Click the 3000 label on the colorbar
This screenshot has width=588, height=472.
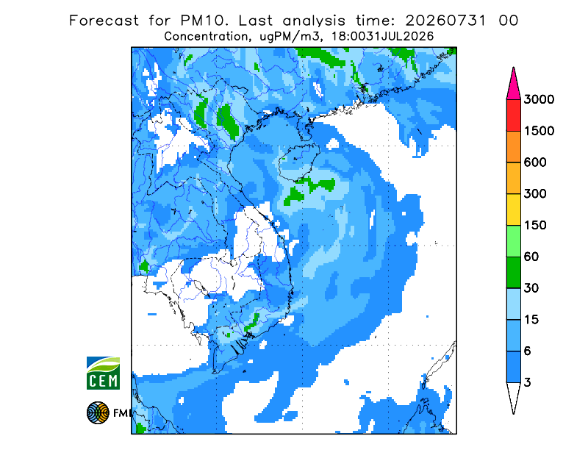pyautogui.click(x=539, y=99)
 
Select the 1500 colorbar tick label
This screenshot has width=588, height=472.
pyautogui.click(x=539, y=131)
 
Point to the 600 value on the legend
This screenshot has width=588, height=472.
pyautogui.click(x=535, y=162)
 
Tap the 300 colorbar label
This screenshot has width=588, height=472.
pyautogui.click(x=535, y=194)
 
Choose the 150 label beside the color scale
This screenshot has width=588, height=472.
pyautogui.click(x=535, y=226)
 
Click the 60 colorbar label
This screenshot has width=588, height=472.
pyautogui.click(x=531, y=257)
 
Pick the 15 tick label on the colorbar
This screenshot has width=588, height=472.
pyautogui.click(x=531, y=320)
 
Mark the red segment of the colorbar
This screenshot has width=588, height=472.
pyautogui.click(x=513, y=115)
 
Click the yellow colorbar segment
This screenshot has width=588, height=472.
pyautogui.click(x=513, y=210)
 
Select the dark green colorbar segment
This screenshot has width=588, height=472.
pyautogui.click(x=513, y=273)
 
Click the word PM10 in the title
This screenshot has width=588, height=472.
pyautogui.click(x=204, y=21)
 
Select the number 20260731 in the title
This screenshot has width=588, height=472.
pyautogui.click(x=445, y=21)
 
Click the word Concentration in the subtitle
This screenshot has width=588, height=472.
pyautogui.click(x=206, y=37)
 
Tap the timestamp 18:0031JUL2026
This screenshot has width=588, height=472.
pyautogui.click(x=382, y=37)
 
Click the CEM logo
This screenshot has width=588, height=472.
pyautogui.click(x=103, y=373)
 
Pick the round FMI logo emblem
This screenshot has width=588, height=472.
pyautogui.click(x=98, y=413)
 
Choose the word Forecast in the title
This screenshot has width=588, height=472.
pyautogui.click(x=104, y=21)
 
